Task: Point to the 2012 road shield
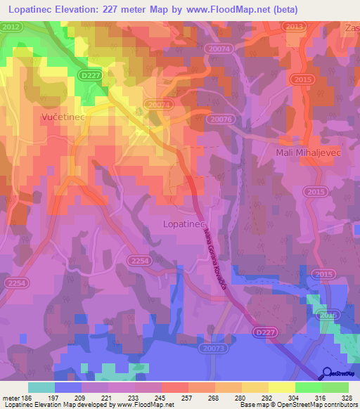(x=10, y=27)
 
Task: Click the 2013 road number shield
(x=295, y=27)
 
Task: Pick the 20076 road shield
(x=220, y=119)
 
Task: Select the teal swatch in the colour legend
(x=41, y=387)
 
